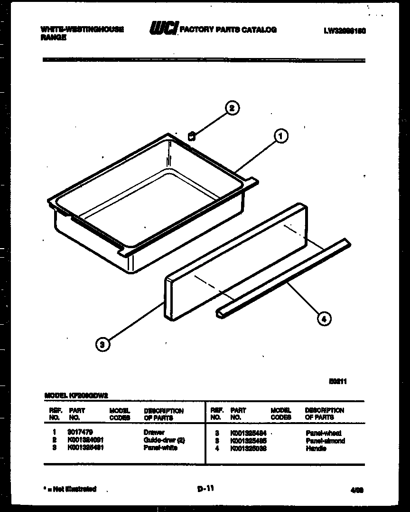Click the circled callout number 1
click(280, 136)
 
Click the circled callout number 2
click(232, 108)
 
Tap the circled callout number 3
click(102, 344)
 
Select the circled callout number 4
click(324, 319)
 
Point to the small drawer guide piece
click(192, 136)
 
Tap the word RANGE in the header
click(53, 38)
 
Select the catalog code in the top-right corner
click(346, 30)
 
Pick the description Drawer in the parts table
click(154, 433)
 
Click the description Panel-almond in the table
click(325, 441)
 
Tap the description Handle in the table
click(316, 448)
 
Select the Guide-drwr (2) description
click(164, 440)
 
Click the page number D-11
click(205, 487)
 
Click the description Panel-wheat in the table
click(324, 433)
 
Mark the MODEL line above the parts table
click(76, 395)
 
